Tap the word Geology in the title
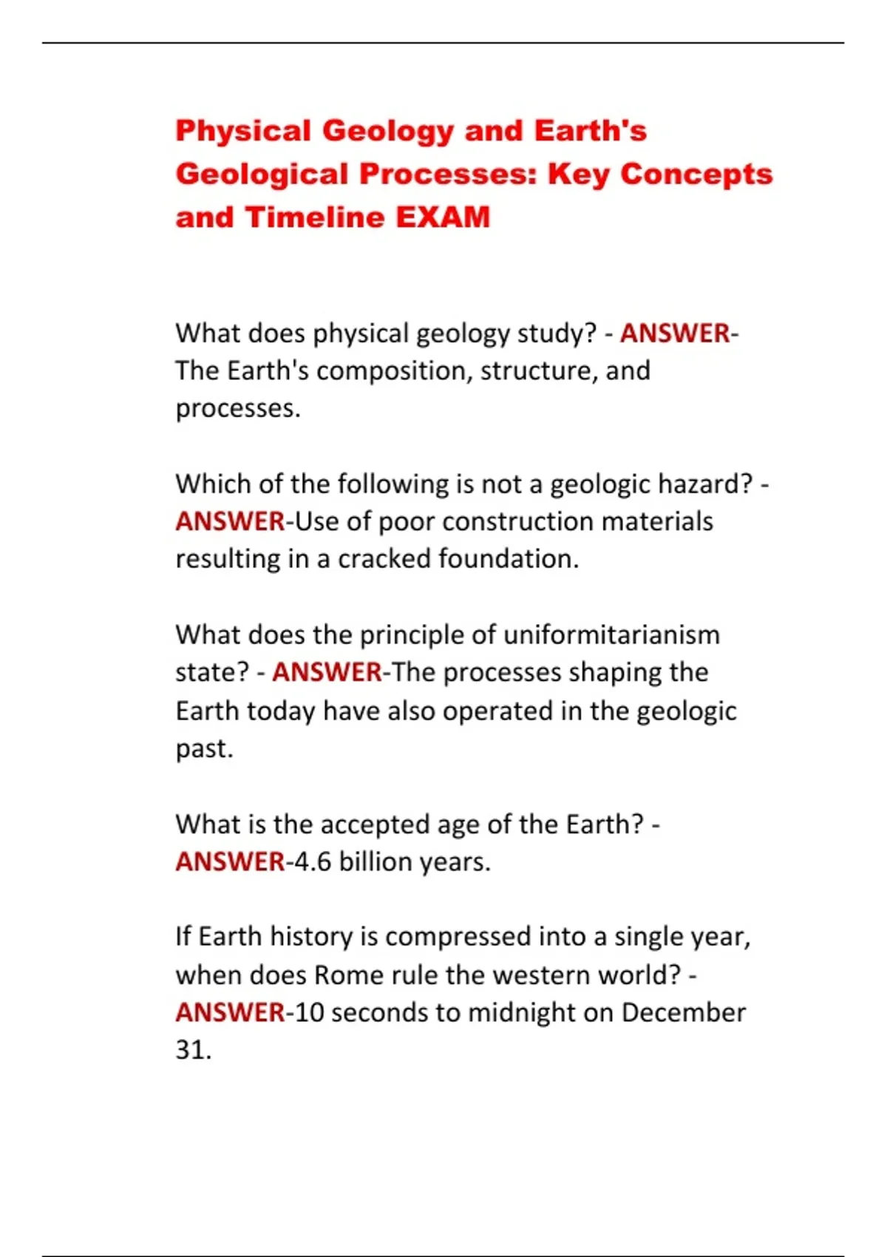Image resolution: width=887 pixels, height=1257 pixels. [388, 131]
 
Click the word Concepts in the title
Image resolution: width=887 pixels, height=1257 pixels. [696, 175]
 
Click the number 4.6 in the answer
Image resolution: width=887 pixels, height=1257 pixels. [313, 862]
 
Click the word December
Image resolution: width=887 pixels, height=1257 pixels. [683, 1013]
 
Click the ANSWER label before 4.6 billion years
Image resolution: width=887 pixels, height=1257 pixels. [230, 862]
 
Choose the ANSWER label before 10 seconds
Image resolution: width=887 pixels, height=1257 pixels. [230, 1013]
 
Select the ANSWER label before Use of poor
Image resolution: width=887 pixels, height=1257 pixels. [230, 522]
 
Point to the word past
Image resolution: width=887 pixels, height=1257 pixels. [203, 749]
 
